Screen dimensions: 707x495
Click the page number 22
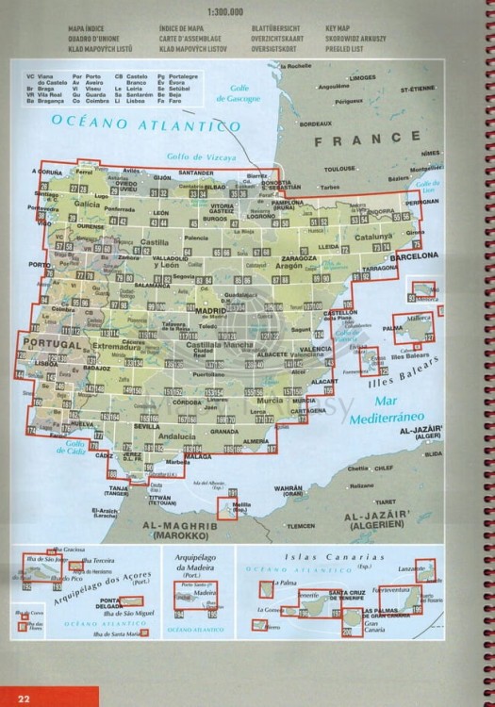[x=24, y=697]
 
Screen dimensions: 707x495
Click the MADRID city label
[x=214, y=309]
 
